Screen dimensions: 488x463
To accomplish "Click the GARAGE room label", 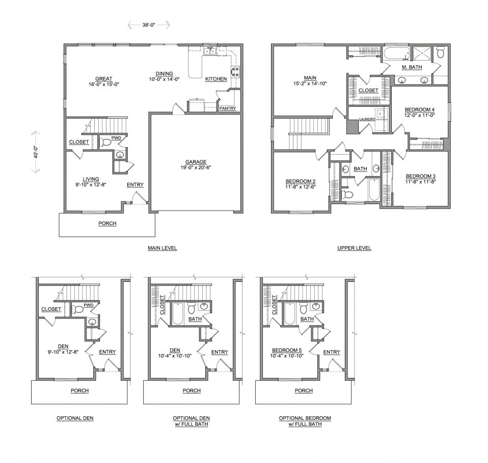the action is [x=196, y=162].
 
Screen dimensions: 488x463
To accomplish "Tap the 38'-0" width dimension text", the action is [x=149, y=25].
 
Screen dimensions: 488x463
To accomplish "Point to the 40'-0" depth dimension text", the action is [x=36, y=152].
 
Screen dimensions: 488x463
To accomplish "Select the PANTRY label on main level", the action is [x=228, y=108].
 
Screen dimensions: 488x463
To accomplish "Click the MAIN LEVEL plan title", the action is [x=162, y=248].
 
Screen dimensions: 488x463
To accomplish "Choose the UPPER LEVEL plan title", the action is [x=354, y=248].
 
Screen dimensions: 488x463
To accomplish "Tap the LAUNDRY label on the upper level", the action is [x=367, y=119].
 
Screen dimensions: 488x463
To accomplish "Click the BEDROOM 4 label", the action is [x=420, y=110].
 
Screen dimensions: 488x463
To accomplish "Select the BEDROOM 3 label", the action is [x=420, y=177].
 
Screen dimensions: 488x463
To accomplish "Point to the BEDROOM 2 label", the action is [x=301, y=181].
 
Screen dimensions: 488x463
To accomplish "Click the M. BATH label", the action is [x=412, y=67].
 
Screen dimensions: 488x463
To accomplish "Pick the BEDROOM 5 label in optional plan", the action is [x=287, y=350].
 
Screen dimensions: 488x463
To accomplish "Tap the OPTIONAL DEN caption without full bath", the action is [x=75, y=418].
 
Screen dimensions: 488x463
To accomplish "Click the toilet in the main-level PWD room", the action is [x=105, y=142].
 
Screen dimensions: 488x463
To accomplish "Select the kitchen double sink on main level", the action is [x=209, y=50].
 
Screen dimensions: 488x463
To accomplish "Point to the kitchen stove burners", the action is [x=235, y=72].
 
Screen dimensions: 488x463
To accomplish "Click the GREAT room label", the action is [x=103, y=79].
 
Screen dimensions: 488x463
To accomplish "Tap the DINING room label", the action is [x=165, y=74].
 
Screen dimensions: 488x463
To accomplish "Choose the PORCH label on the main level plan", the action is [x=107, y=223].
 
